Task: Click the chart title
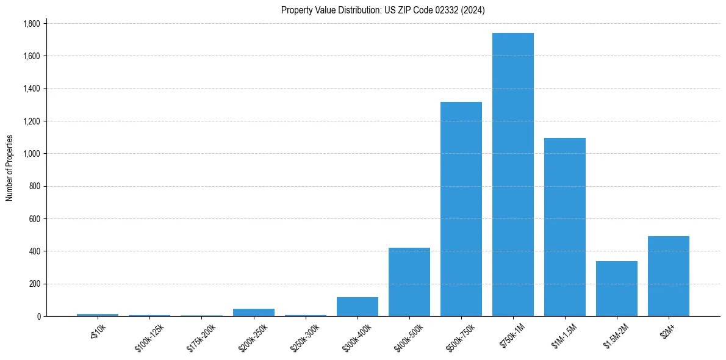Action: (x=383, y=10)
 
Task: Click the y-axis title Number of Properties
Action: (x=10, y=168)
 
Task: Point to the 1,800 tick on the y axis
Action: (x=31, y=24)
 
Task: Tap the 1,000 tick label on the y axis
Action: (x=31, y=154)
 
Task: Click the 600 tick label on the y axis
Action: (x=35, y=219)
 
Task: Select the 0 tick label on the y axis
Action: (x=38, y=317)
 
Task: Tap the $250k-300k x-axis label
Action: (x=305, y=334)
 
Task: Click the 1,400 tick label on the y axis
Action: (x=31, y=89)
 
